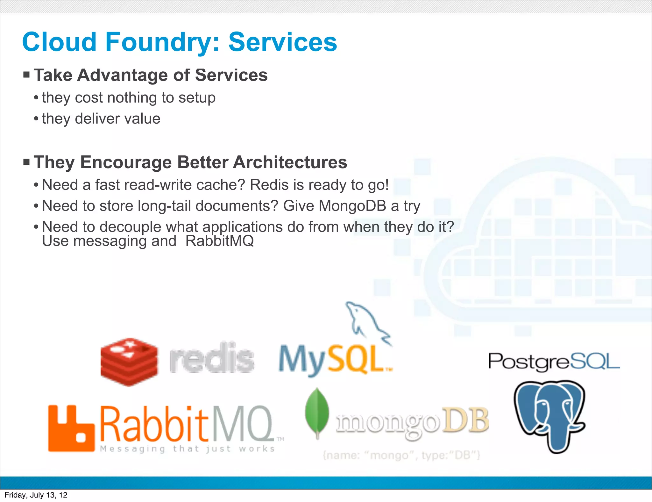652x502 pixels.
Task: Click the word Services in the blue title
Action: click(x=283, y=42)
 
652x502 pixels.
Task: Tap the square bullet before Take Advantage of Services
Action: click(x=26, y=75)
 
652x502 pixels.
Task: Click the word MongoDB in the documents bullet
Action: click(x=352, y=206)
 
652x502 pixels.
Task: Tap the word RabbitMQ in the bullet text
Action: click(x=220, y=241)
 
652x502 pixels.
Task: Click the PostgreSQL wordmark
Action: click(x=554, y=362)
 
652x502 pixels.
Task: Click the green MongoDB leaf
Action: click(x=317, y=412)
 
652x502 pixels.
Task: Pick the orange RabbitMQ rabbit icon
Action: click(x=71, y=428)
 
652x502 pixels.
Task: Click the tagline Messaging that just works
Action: click(x=187, y=449)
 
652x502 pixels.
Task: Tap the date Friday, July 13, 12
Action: click(x=36, y=495)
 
